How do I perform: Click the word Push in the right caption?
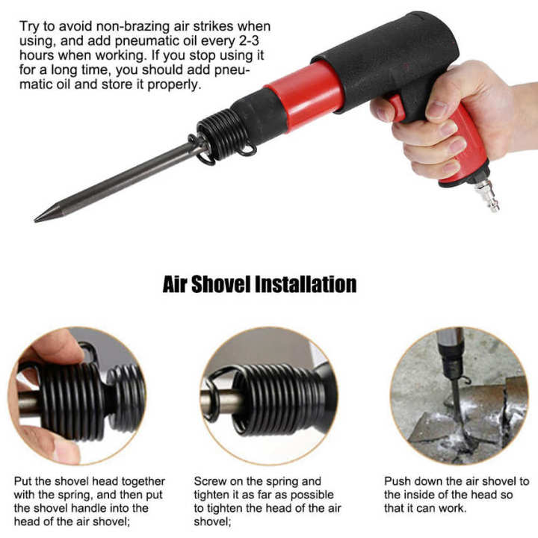(398, 482)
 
